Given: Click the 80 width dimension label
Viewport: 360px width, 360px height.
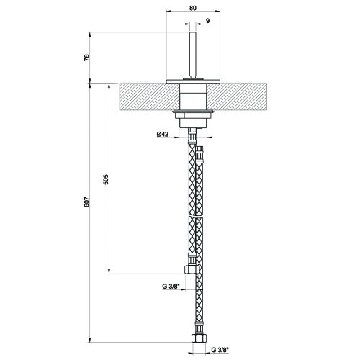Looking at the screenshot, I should tap(192, 9).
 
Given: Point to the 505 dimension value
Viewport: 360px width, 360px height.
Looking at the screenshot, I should tap(106, 179).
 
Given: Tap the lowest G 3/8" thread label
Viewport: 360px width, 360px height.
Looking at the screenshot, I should tap(219, 351).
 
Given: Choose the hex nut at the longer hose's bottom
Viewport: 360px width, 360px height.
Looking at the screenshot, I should tap(197, 337).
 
